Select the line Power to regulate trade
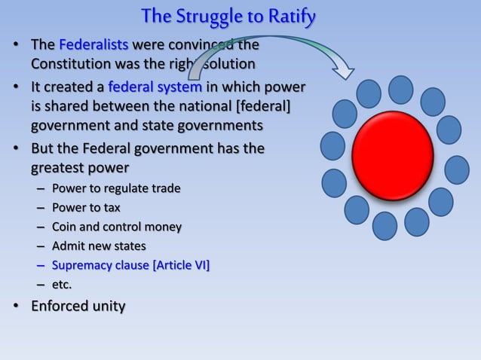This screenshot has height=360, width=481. (116, 188)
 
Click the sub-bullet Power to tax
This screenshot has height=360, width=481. (86, 207)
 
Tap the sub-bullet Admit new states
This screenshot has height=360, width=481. (99, 246)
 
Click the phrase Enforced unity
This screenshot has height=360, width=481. (78, 307)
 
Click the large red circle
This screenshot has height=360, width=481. (392, 155)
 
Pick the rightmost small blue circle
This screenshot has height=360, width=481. (457, 169)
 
